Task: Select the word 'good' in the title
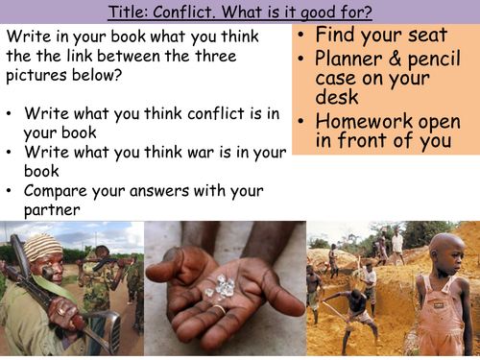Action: point(301,12)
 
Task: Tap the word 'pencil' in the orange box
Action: point(435,60)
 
